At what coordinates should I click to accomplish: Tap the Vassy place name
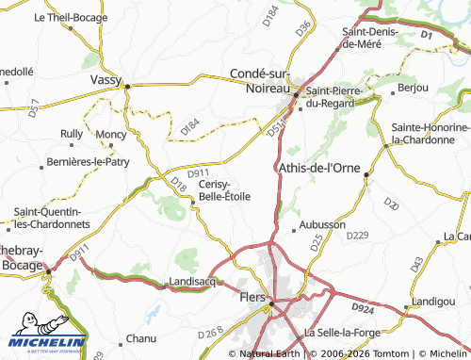coord(106,81)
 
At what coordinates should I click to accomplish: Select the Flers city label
coord(252,297)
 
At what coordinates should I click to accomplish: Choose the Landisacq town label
coord(193,282)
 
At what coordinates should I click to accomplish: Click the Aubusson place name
coord(323,225)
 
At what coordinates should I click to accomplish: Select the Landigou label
coord(430,302)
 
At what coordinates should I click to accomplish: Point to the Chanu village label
coord(141,337)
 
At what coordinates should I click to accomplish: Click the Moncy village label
coord(110,135)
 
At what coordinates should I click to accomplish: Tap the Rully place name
coord(72,134)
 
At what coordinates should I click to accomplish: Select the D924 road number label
coord(363,308)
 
